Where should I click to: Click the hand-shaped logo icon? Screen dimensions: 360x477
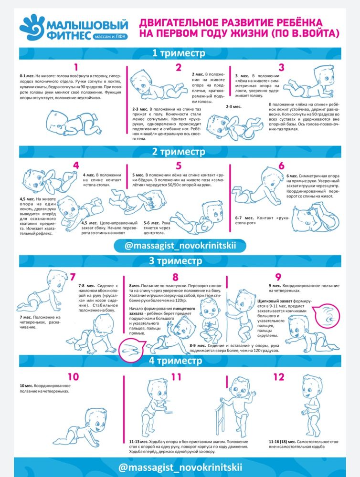pyautogui.click(x=32, y=27)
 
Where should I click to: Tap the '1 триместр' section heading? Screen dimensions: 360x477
pyautogui.click(x=179, y=53)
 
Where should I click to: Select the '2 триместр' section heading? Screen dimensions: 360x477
pyautogui.click(x=179, y=152)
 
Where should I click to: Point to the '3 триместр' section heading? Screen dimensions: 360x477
pyautogui.click(x=175, y=261)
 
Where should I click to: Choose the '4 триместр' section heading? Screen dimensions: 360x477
pyautogui.click(x=175, y=361)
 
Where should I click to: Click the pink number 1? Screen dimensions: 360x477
pyautogui.click(x=76, y=67)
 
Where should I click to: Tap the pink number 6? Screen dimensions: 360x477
pyautogui.click(x=281, y=166)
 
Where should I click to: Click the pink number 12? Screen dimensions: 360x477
pyautogui.click(x=279, y=377)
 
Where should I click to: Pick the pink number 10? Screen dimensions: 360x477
pyautogui.click(x=73, y=377)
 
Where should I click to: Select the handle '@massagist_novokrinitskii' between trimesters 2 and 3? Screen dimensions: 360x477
pyautogui.click(x=180, y=246)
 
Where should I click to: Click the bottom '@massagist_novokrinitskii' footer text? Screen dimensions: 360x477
pyautogui.click(x=180, y=467)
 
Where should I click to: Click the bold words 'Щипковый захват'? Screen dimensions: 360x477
pyautogui.click(x=275, y=301)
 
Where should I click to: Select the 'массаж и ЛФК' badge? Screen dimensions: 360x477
pyautogui.click(x=110, y=37)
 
